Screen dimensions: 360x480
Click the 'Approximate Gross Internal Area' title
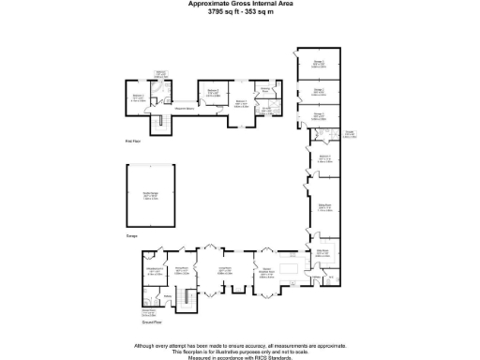239,4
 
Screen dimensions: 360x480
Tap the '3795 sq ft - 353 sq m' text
239,11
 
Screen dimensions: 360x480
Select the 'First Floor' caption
133,141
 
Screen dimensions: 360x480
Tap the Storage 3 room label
319,64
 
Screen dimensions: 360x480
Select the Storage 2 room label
319,91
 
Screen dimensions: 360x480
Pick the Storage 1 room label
319,115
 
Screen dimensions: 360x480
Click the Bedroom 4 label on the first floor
139,97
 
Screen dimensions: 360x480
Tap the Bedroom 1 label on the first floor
241,102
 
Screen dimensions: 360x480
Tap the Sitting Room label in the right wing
323,206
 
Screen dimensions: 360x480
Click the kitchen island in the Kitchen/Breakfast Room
290,269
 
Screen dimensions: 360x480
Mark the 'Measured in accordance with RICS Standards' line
239,357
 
